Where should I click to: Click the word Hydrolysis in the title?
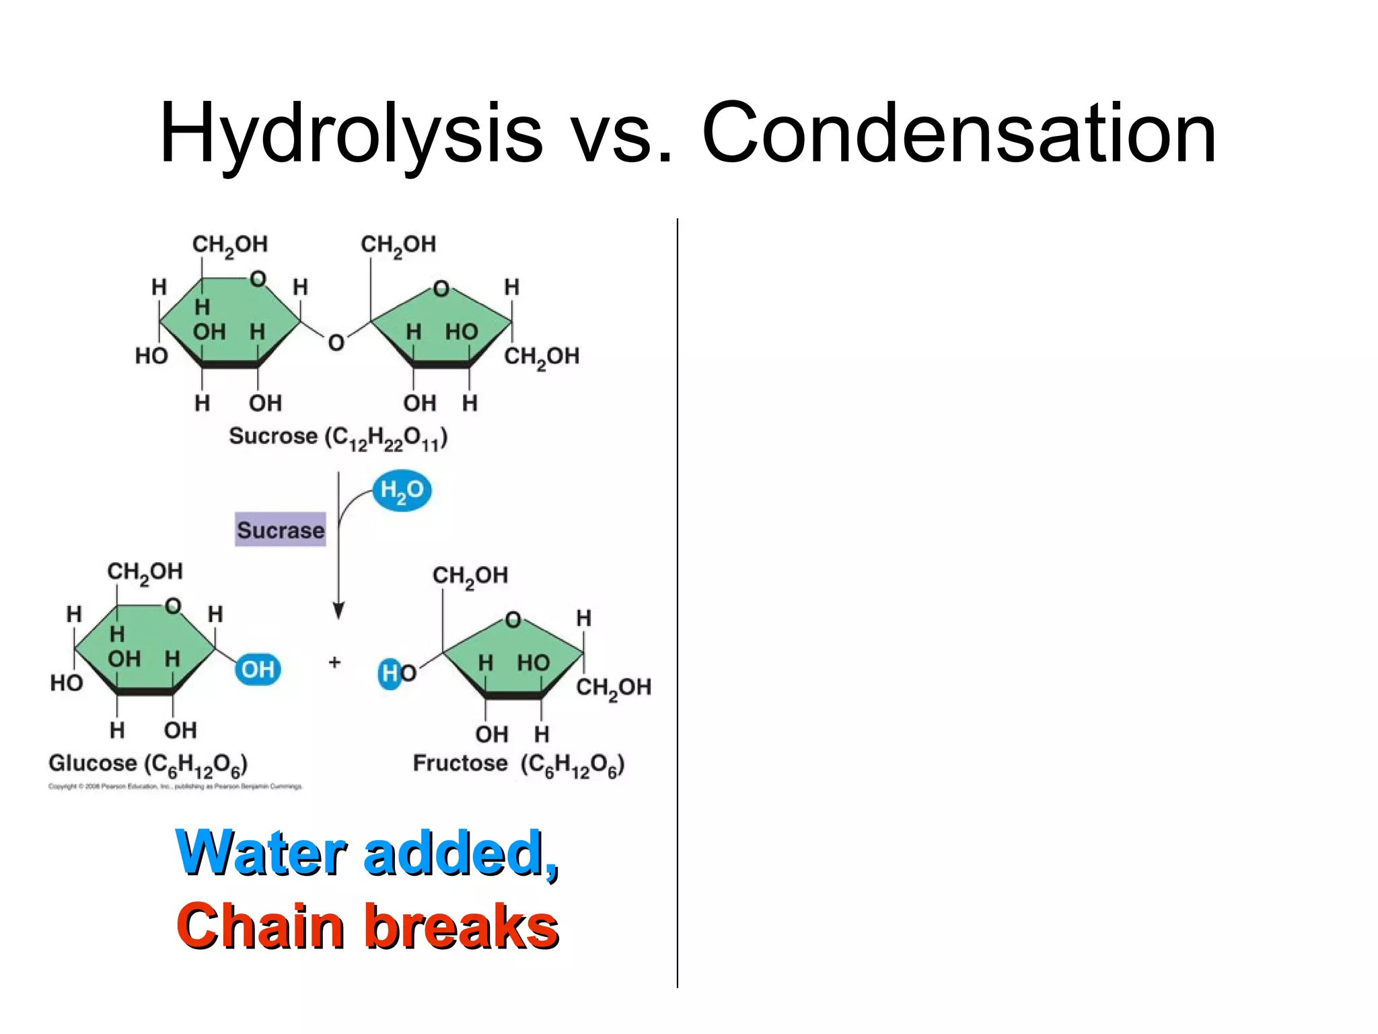tap(350, 133)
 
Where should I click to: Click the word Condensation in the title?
tap(958, 133)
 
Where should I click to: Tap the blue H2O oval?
tap(402, 490)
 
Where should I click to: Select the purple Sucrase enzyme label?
tap(281, 530)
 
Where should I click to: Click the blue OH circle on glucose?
tap(258, 669)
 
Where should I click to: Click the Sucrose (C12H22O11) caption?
tap(338, 438)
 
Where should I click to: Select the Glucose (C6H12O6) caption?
tap(148, 765)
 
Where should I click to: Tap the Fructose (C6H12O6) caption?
tap(518, 765)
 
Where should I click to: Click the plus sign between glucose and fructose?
tap(334, 662)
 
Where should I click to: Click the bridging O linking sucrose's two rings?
tap(336, 343)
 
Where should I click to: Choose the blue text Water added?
tap(367, 854)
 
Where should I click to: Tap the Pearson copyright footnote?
tap(175, 786)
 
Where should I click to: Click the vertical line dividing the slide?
tap(677, 606)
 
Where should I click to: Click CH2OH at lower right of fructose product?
tap(613, 687)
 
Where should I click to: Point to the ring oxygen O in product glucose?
tap(173, 605)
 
